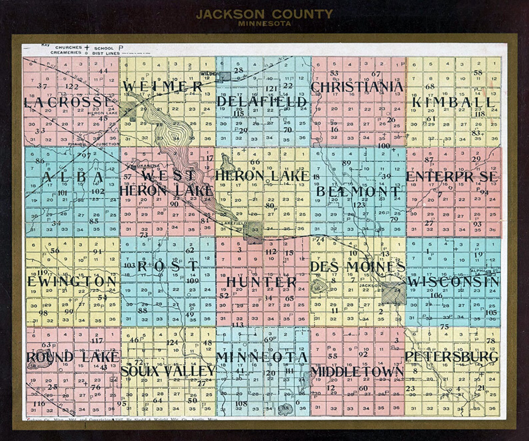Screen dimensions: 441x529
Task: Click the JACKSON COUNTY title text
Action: pos(264,14)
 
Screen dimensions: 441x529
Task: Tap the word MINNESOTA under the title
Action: pos(264,24)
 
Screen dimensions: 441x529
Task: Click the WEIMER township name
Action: pos(163,87)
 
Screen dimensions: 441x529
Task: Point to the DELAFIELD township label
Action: pos(262,102)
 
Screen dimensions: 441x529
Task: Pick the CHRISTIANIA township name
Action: pos(357,87)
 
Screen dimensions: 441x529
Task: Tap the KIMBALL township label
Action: pos(453,102)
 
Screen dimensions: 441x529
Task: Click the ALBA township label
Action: pos(72,177)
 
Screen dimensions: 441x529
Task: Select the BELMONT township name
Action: pos(357,192)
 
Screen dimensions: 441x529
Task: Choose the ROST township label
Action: pos(168,266)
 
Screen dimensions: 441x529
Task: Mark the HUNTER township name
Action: pos(262,282)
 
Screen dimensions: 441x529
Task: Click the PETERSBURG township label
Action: pos(452,356)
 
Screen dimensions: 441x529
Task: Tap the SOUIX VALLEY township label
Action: pos(168,371)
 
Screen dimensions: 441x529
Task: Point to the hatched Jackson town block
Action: pos(393,293)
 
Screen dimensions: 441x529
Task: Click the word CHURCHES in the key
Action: pos(69,48)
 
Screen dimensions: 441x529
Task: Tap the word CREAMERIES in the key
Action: pos(66,52)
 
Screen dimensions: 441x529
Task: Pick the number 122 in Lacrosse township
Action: pos(72,87)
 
